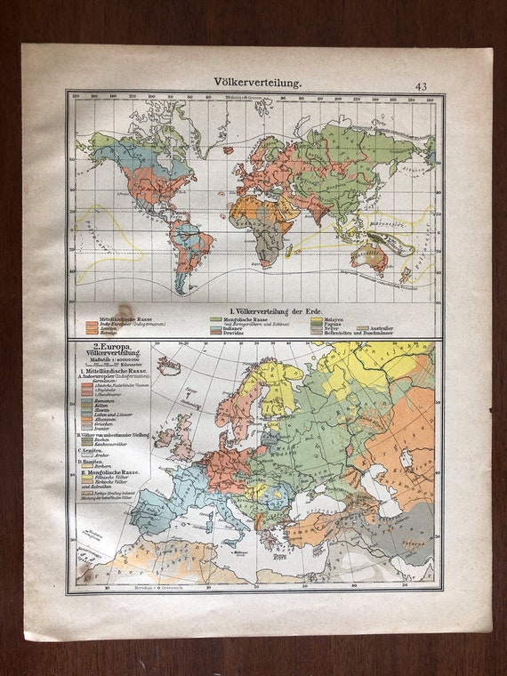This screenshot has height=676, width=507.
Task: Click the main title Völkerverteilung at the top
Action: pos(258,81)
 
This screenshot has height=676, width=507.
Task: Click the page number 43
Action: pos(421,86)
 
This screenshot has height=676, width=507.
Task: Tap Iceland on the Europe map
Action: pos(168,366)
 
